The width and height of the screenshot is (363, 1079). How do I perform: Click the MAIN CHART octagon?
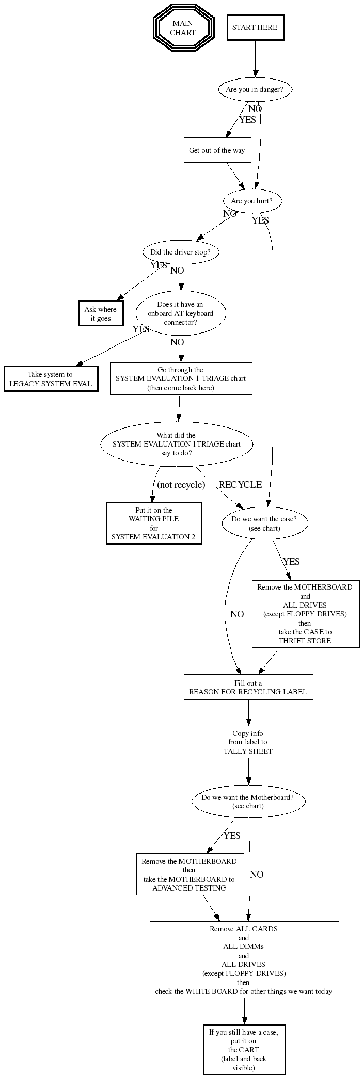[183, 28]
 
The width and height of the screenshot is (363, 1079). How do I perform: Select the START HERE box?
[255, 28]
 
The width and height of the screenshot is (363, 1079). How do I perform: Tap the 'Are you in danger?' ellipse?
[255, 90]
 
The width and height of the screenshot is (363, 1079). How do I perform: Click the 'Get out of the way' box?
[217, 150]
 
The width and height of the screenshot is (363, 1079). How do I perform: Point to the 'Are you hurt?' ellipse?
[252, 201]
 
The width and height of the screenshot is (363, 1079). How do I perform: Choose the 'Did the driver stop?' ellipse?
[180, 252]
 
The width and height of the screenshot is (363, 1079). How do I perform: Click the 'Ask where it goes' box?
[101, 314]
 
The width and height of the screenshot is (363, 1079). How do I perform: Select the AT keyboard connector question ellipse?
[181, 313]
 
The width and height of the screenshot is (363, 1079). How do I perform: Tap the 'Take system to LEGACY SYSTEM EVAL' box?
[51, 379]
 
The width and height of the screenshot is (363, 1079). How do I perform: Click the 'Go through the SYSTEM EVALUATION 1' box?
[181, 379]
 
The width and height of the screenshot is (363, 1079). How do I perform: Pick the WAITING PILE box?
[154, 523]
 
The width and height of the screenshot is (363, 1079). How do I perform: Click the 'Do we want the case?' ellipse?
[264, 523]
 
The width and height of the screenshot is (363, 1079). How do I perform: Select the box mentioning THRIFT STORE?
[305, 614]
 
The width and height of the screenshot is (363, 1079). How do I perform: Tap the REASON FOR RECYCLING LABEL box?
[248, 687]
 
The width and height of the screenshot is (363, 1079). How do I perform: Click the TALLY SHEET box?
[248, 742]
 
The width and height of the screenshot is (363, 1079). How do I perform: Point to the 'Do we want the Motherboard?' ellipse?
[248, 801]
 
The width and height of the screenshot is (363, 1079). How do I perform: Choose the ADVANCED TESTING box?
[190, 875]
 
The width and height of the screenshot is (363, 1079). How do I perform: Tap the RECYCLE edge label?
[240, 485]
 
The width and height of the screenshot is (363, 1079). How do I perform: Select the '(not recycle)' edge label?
[181, 485]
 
